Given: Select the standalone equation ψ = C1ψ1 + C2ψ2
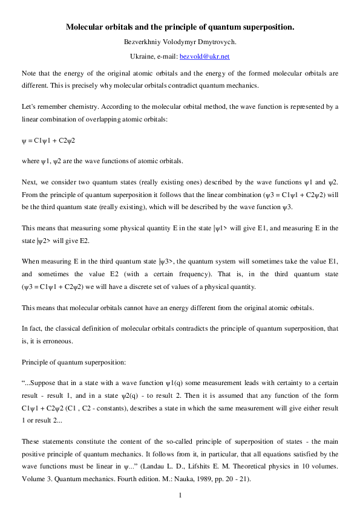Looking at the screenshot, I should click(x=48, y=140).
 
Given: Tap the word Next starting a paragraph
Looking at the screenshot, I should click(x=28, y=181).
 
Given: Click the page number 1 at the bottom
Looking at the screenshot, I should click(x=180, y=496).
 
